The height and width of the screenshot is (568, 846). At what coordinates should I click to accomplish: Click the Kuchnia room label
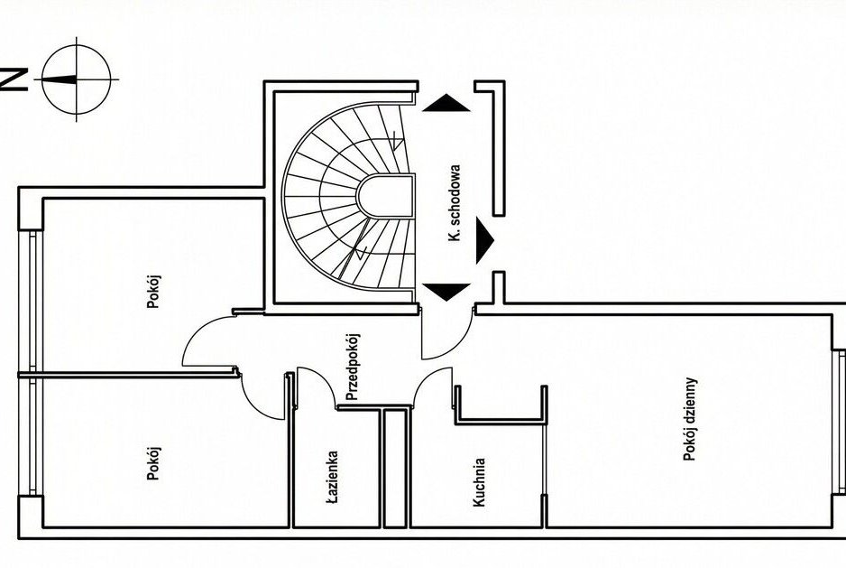481,482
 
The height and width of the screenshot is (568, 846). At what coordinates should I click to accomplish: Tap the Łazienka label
333,477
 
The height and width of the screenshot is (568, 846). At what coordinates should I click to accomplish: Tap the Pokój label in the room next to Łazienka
153,461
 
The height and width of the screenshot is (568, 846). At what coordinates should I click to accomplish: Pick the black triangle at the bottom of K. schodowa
445,292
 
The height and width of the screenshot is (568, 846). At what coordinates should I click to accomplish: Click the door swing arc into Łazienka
316,384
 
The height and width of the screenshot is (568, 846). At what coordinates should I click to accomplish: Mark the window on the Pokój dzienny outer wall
839,397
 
